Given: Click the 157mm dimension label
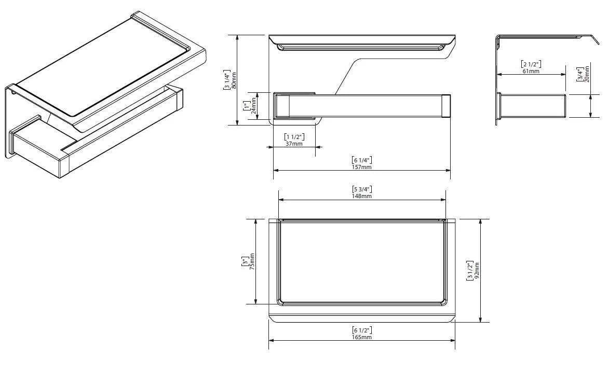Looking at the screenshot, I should click(362, 167).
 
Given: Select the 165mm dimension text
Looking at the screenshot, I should click(362, 337).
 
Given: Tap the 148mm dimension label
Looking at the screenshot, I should click(362, 196).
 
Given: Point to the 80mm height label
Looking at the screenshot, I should click(233, 79).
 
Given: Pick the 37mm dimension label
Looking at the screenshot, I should click(294, 144).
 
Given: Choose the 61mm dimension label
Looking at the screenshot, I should click(531, 71).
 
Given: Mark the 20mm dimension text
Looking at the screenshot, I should click(586, 74).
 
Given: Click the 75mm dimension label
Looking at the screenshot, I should click(252, 261).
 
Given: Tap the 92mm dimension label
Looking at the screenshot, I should click(477, 271).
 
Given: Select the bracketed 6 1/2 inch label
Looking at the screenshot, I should click(362, 330).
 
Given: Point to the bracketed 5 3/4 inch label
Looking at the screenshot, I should click(362, 189).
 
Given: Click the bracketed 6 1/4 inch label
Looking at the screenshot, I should click(362, 160).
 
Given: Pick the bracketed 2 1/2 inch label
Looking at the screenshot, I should click(531, 64).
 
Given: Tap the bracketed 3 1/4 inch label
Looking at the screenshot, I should click(226, 79).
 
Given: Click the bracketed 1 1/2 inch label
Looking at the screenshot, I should click(294, 137).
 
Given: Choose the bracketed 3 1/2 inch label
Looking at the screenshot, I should click(470, 271).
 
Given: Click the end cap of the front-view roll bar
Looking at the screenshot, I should click(445, 106).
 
